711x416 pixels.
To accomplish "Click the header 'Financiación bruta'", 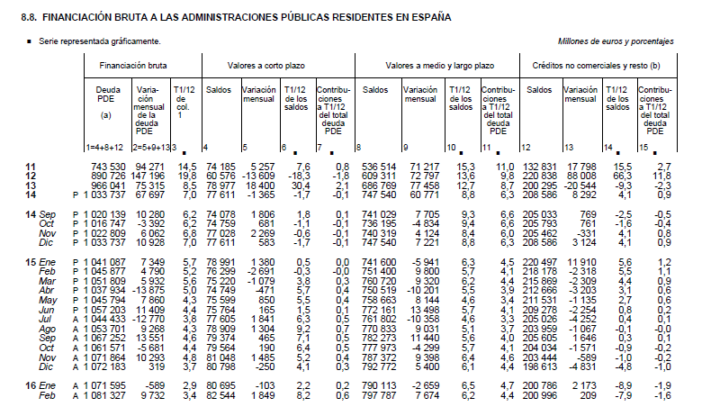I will [139, 66].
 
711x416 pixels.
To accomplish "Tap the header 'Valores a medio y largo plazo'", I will [438, 66].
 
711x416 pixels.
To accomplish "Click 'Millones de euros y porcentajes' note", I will [616, 41].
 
